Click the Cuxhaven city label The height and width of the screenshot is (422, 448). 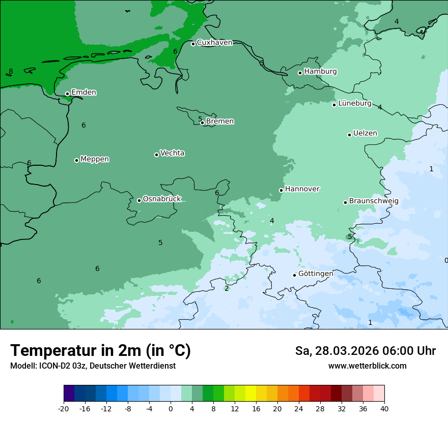[214, 43]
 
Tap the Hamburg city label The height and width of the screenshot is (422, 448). [320, 72]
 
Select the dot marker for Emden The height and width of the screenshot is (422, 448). [67, 94]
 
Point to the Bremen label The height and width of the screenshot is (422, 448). [219, 122]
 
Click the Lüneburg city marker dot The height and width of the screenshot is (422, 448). [334, 105]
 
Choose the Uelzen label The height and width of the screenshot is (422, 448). [365, 134]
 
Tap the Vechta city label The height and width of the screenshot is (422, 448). [172, 153]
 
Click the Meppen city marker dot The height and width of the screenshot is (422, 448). [76, 160]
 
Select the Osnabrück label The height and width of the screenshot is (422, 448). [162, 199]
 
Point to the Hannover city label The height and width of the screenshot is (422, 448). [302, 189]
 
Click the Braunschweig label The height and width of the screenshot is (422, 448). [374, 201]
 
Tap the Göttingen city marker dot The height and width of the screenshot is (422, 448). [294, 275]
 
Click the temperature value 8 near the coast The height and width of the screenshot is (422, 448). [11, 72]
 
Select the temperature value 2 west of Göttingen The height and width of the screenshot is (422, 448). [227, 289]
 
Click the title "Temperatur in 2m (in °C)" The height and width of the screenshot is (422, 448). [100, 351]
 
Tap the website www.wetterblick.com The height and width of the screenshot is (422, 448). [367, 366]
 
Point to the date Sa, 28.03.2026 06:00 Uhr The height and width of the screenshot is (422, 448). [365, 351]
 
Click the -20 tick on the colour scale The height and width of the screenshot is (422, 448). [64, 408]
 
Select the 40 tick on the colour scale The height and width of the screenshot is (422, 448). [384, 408]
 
